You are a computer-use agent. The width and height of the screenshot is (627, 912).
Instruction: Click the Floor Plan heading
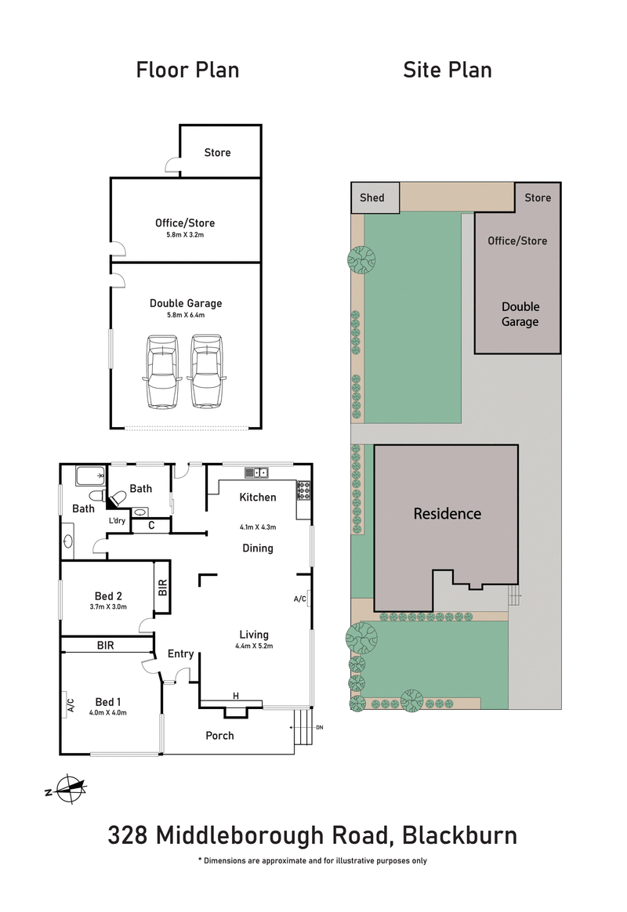[x=187, y=70]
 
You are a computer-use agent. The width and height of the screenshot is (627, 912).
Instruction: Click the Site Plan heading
[x=448, y=70]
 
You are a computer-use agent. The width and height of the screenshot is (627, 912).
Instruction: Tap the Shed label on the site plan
[x=372, y=197]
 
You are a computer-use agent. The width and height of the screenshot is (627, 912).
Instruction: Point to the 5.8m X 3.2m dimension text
[x=185, y=234]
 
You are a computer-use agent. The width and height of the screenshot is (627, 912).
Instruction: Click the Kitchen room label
[x=258, y=498]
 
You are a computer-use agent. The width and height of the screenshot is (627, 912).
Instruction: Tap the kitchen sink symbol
[x=256, y=472]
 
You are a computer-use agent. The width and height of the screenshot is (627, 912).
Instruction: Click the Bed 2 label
[x=108, y=595]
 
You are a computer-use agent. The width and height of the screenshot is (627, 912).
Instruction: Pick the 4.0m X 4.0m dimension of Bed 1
[x=108, y=712]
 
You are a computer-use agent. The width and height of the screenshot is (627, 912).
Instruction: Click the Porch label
[x=219, y=736]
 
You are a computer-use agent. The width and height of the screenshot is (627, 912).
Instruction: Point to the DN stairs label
[x=319, y=728]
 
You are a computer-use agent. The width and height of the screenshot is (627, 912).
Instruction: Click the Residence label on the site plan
[x=447, y=514]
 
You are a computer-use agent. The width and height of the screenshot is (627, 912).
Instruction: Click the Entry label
[x=180, y=654]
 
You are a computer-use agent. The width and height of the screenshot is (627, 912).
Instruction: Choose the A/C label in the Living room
[x=299, y=599]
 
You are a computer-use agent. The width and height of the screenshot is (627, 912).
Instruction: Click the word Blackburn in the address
[x=459, y=835]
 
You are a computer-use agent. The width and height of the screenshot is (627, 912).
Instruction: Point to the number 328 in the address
[x=128, y=835]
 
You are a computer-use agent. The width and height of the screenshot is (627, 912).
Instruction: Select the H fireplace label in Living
[x=235, y=696]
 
